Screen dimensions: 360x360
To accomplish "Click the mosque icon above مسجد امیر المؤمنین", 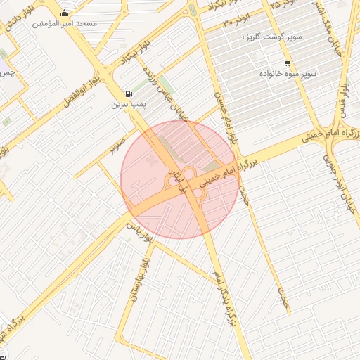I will [x=65, y=13].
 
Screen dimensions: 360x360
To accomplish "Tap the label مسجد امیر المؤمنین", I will [x=65, y=23].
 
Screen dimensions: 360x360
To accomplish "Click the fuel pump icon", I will [x=128, y=94].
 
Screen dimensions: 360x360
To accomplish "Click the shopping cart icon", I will [x=288, y=63].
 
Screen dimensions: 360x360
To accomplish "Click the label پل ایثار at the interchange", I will [x=182, y=180].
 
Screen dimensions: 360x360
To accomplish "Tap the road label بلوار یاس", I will [x=139, y=229].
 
